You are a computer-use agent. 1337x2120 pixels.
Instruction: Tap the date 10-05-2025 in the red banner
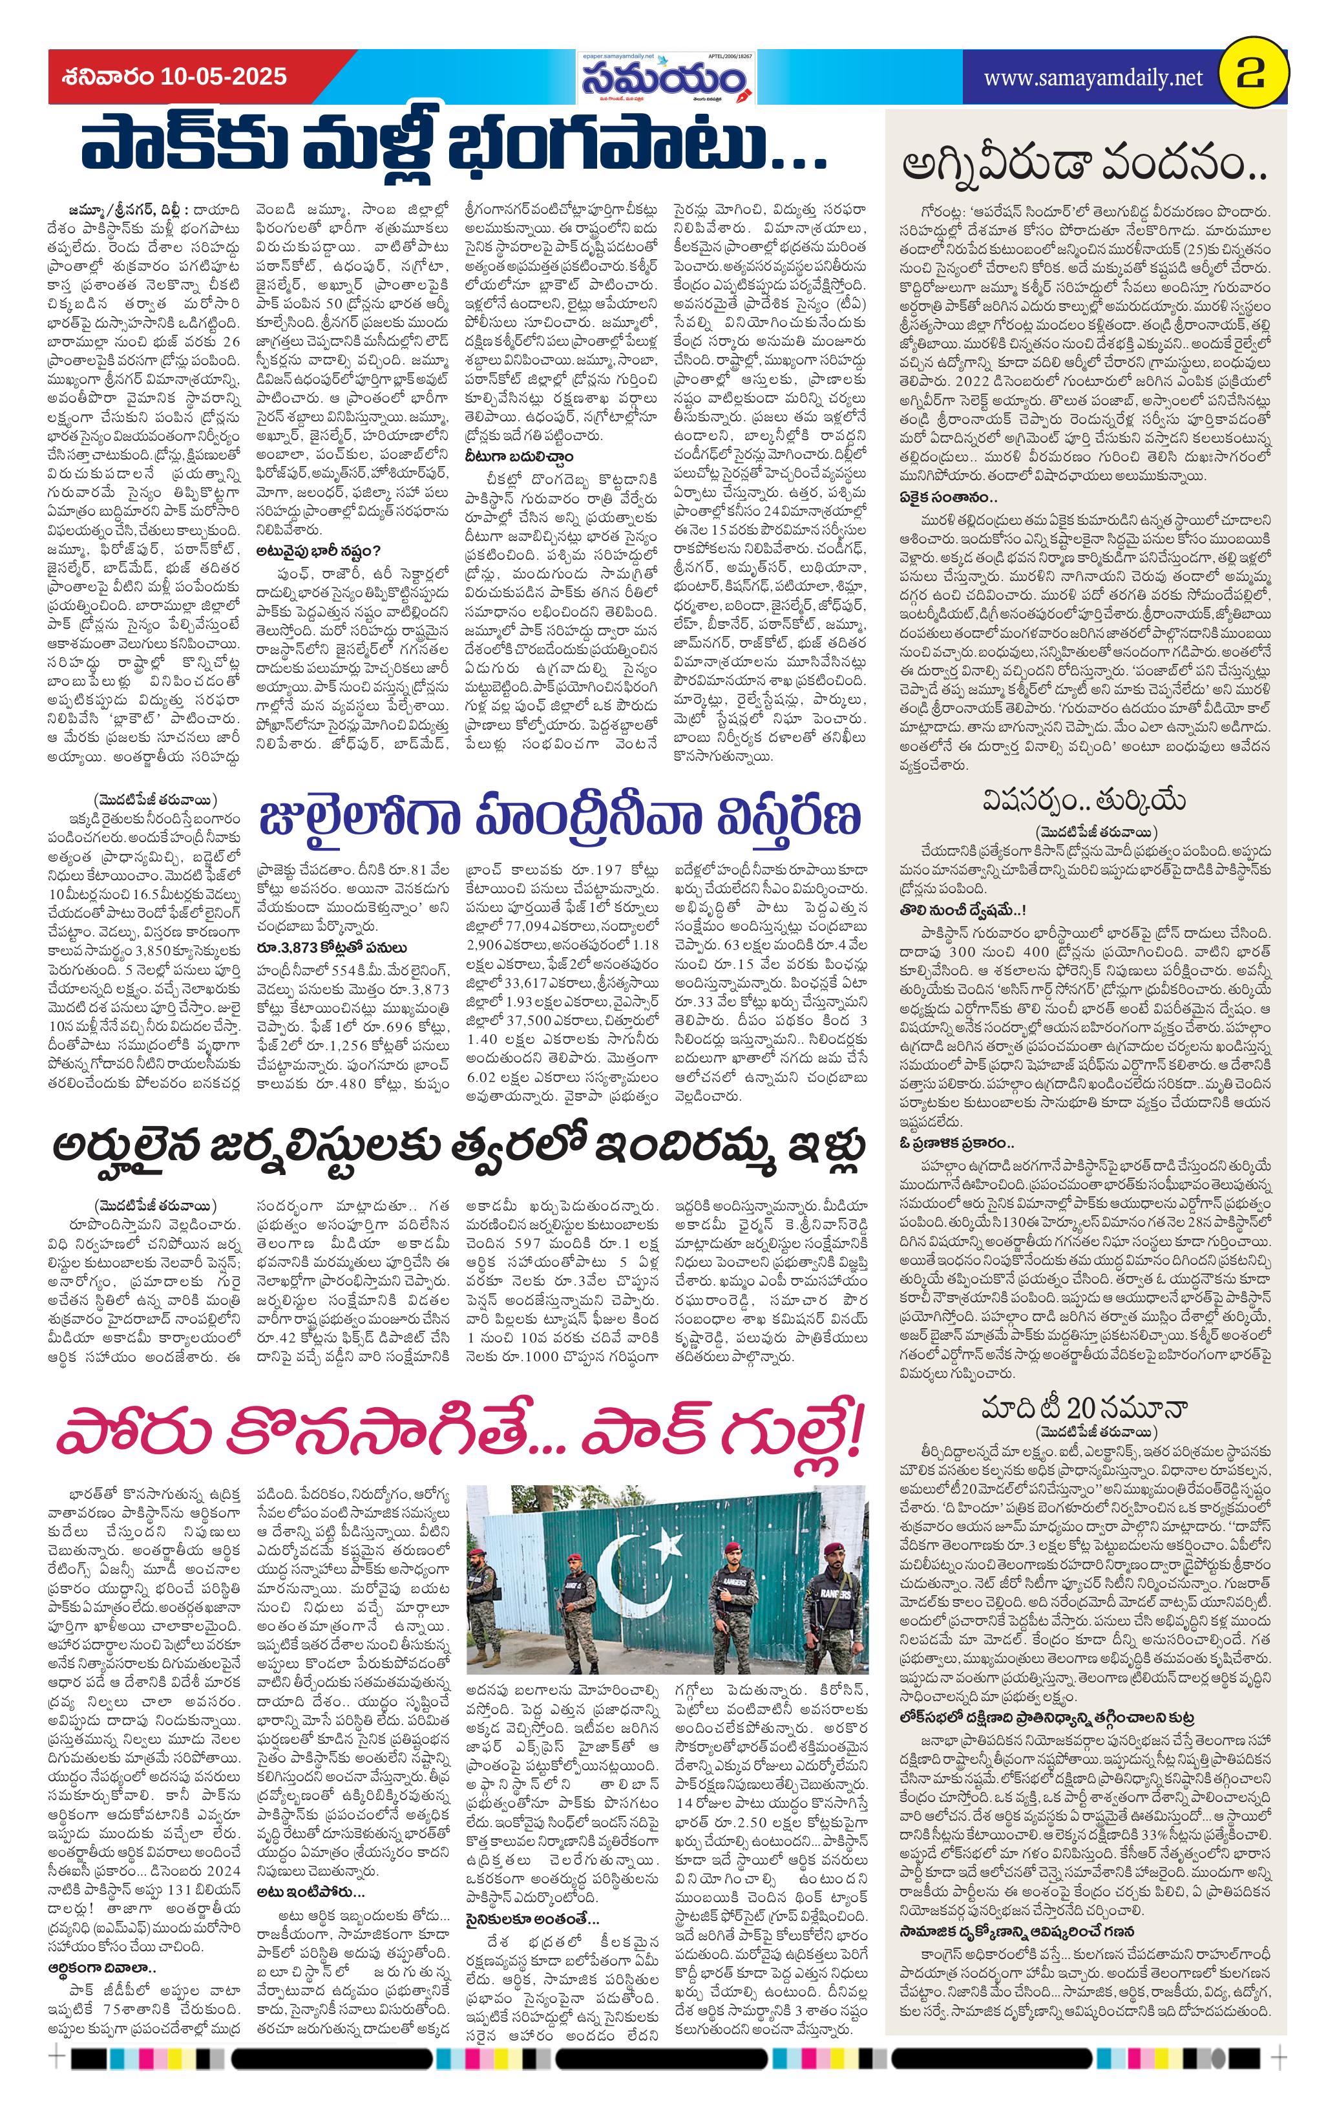point(224,77)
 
